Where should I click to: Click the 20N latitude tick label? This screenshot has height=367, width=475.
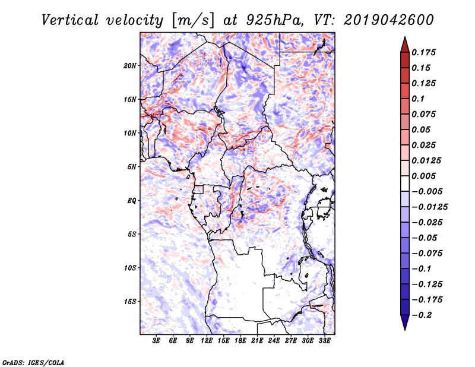pyautogui.click(x=130, y=66)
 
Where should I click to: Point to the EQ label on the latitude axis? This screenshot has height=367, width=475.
pyautogui.click(x=132, y=201)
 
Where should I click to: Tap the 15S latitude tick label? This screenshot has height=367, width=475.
pyautogui.click(x=130, y=302)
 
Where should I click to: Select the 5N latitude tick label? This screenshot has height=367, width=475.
pyautogui.click(x=132, y=167)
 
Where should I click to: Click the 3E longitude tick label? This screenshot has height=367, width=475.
pyautogui.click(x=156, y=341)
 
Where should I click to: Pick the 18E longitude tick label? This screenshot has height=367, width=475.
pyautogui.click(x=240, y=341)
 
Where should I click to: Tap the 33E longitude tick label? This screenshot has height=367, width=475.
pyautogui.click(x=324, y=341)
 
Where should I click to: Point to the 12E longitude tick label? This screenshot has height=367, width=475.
pyautogui.click(x=207, y=341)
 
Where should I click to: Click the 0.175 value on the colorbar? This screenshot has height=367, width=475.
pyautogui.click(x=423, y=52)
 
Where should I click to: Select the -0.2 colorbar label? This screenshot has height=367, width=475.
pyautogui.click(x=422, y=315)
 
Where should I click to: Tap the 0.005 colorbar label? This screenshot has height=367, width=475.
pyautogui.click(x=423, y=176)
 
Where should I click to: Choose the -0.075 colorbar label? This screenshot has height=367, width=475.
pyautogui.click(x=427, y=254)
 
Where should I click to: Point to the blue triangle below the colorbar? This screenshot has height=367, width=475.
pyautogui.click(x=405, y=322)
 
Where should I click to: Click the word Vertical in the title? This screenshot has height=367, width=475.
pyautogui.click(x=70, y=20)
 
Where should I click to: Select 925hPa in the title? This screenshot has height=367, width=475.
pyautogui.click(x=274, y=20)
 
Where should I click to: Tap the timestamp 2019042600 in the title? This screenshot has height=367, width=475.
pyautogui.click(x=389, y=20)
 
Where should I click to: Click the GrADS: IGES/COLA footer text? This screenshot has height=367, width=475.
pyautogui.click(x=33, y=362)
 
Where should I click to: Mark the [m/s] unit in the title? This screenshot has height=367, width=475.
pyautogui.click(x=193, y=21)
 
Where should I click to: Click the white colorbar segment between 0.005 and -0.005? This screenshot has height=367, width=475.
pyautogui.click(x=405, y=183)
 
